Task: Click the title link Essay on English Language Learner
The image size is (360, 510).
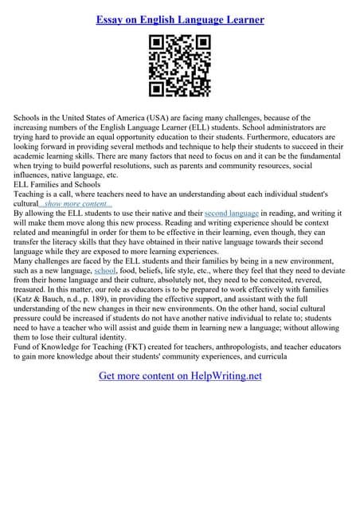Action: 179,18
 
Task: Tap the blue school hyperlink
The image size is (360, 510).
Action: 105,272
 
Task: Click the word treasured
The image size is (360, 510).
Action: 33,291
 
